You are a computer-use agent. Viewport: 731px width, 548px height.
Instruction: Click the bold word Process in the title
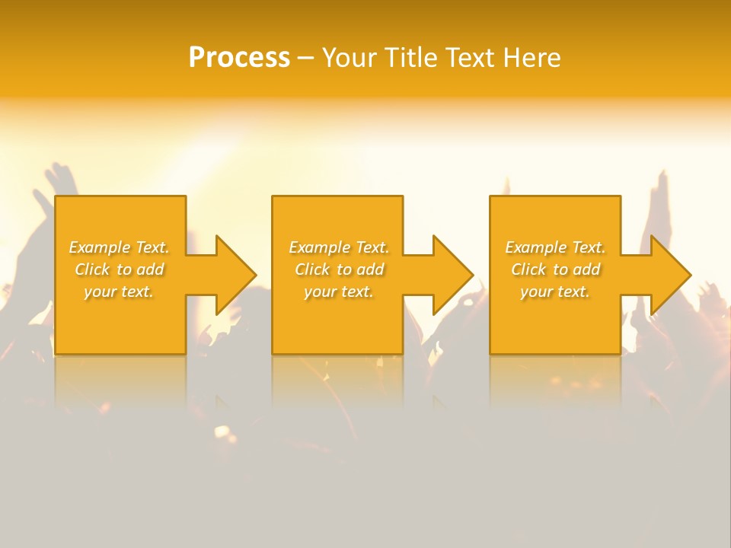pos(239,58)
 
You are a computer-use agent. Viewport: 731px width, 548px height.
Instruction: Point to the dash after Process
pos(305,59)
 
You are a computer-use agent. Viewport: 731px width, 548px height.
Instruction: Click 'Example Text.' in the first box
pos(119,247)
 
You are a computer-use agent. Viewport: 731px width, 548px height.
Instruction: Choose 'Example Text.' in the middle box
pos(338,247)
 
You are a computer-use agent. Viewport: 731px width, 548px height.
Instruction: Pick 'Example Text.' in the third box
pos(555,247)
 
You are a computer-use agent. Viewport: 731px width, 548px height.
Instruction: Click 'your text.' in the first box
pos(119,292)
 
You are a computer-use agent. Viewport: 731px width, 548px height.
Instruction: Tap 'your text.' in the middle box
pos(338,292)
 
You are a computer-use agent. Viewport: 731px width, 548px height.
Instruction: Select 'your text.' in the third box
pos(555,292)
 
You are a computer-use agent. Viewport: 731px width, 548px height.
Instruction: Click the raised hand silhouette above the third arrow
pos(661,198)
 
